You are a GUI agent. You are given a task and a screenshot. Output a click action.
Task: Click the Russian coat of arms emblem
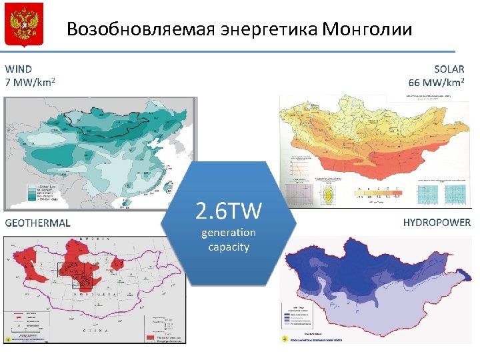point(24,24)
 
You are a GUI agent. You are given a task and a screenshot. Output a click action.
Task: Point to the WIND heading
point(19,69)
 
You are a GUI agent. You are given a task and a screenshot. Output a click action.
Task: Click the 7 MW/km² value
point(30,83)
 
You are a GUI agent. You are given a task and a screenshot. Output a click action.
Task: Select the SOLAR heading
point(449,69)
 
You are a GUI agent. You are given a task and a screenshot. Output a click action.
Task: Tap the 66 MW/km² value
point(437,83)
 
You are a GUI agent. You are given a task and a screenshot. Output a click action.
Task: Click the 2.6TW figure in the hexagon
point(229,212)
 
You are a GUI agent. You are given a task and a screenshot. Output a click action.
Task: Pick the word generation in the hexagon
point(229,233)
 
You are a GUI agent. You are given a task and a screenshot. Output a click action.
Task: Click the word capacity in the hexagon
point(229,247)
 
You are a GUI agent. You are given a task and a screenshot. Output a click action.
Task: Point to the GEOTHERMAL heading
point(37,223)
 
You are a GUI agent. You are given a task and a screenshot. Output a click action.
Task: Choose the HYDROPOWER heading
point(437,223)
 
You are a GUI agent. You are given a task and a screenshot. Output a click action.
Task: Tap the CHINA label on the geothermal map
point(93,329)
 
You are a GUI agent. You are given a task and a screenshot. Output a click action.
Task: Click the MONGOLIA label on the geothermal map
point(100,294)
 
